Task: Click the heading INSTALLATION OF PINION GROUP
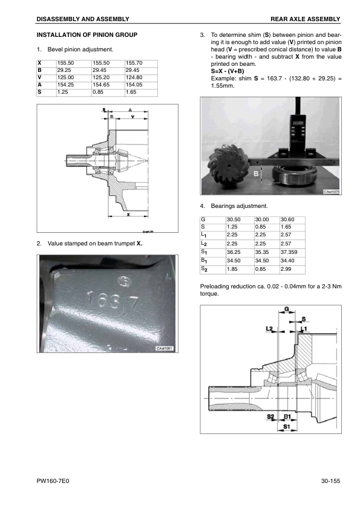click(87, 34)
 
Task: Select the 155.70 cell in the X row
click(141, 63)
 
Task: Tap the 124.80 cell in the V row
click(141, 77)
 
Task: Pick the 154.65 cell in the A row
click(108, 85)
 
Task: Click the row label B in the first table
click(40, 71)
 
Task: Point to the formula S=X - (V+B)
click(227, 71)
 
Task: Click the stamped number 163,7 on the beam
click(113, 300)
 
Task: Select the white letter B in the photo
click(256, 173)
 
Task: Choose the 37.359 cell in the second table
click(292, 252)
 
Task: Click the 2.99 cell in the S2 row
click(292, 269)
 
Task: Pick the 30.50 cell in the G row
click(240, 220)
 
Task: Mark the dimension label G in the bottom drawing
click(287, 309)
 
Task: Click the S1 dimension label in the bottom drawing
click(287, 427)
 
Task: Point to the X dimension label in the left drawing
click(128, 215)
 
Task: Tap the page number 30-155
click(330, 481)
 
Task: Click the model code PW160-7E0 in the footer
click(53, 481)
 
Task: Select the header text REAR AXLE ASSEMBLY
click(306, 19)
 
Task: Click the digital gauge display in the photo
click(297, 123)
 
